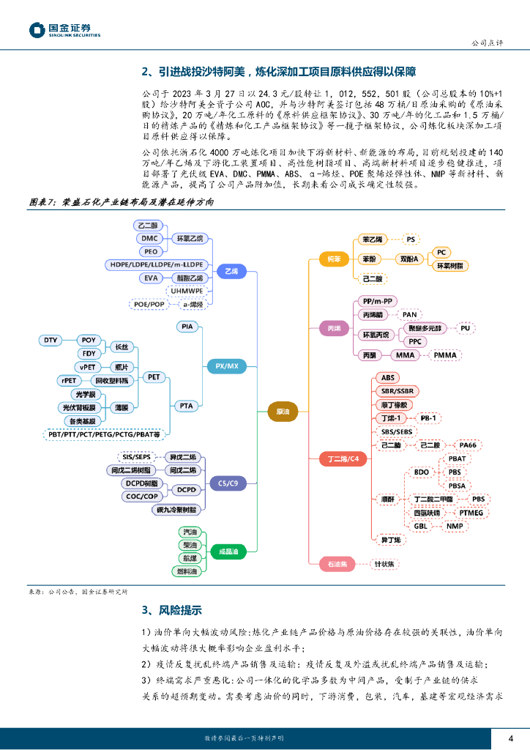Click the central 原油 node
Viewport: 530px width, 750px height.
click(283, 412)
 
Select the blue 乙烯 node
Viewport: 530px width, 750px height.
click(231, 270)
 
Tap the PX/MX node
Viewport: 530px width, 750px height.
click(227, 365)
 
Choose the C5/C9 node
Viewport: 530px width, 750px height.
click(227, 483)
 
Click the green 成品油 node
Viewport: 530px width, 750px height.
click(227, 550)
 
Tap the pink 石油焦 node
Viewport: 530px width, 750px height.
click(337, 563)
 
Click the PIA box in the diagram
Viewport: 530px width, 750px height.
click(187, 327)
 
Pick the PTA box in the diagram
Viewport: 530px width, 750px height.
click(187, 404)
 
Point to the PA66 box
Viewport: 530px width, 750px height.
click(466, 445)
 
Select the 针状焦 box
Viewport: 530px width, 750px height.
click(384, 563)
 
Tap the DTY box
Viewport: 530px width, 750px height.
click(51, 341)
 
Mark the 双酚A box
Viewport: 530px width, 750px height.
click(408, 259)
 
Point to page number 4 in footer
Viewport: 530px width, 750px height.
click(512, 738)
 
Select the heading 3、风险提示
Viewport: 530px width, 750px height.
click(171, 610)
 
